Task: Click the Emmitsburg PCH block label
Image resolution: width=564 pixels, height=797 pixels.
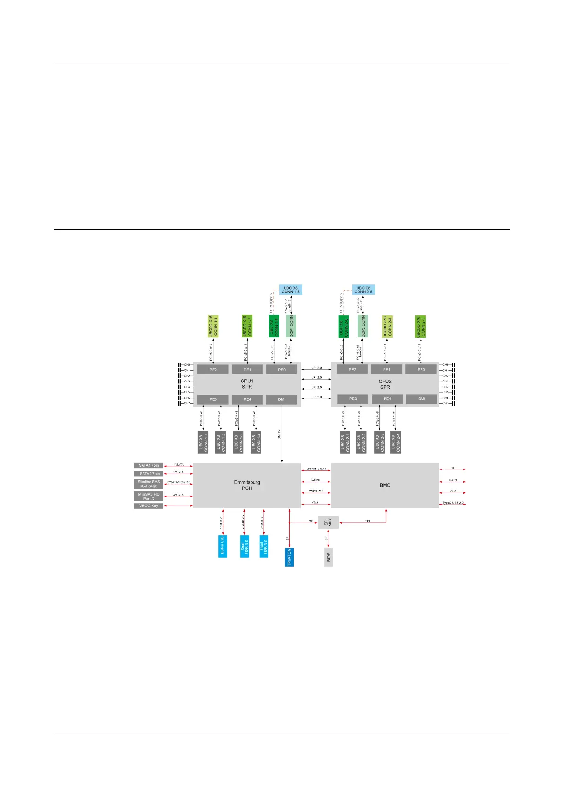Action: point(247,485)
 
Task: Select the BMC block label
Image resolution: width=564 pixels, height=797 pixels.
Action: point(385,485)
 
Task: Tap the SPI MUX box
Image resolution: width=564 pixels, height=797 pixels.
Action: point(328,522)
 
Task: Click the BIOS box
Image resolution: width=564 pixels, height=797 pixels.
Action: point(328,557)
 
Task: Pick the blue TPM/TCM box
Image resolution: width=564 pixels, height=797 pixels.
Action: point(289,557)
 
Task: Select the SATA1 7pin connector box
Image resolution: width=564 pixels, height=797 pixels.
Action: point(149,465)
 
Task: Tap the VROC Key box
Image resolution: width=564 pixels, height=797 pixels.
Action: point(149,506)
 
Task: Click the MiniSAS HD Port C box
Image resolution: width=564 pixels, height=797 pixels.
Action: point(149,496)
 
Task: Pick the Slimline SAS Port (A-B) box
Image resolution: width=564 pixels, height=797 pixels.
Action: point(149,484)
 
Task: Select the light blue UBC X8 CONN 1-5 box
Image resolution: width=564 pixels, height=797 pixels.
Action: point(290,290)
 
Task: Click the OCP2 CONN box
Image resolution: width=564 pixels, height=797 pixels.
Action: point(363,326)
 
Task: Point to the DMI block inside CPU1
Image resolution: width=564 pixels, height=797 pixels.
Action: point(282,399)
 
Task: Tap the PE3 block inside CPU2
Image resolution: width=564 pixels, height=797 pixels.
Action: point(353,399)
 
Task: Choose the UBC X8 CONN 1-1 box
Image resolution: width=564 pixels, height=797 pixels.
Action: point(203,442)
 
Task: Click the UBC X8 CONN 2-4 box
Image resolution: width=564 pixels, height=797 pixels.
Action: point(396,442)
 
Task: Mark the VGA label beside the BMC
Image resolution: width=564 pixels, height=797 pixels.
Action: point(453,491)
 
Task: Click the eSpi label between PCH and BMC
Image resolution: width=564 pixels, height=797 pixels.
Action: point(315,502)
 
